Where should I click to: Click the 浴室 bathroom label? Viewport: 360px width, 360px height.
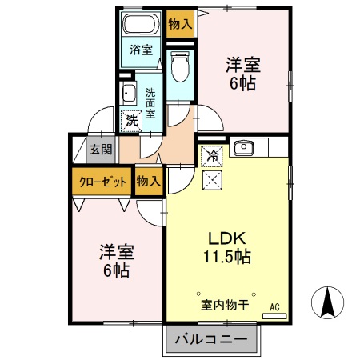coord(141,50)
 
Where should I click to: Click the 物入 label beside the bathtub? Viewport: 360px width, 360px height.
coord(179,23)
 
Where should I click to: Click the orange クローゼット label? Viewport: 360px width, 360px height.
coord(103,181)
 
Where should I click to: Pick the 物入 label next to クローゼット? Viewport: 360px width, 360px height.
coord(148,181)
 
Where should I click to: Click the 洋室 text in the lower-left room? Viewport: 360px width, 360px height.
coord(116,251)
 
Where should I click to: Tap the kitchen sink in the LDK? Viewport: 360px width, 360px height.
coord(243,148)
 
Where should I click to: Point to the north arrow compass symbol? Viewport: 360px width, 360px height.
coord(327,302)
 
